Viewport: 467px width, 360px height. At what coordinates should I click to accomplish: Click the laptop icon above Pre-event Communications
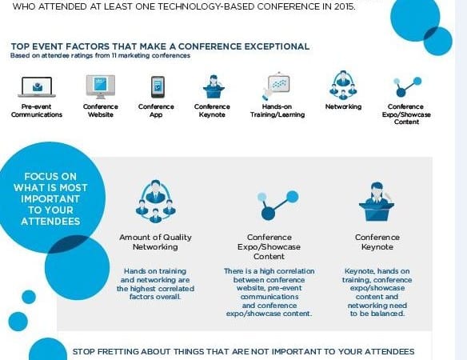coord(37,87)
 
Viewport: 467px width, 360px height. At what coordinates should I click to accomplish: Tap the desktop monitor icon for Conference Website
coord(101,86)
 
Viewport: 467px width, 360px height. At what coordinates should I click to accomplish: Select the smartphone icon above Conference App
coord(158,87)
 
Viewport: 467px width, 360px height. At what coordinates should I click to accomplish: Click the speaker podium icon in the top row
coord(214,86)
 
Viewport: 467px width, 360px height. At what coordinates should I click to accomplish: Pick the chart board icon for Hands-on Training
coord(276,86)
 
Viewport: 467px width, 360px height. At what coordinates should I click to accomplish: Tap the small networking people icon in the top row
coord(343,86)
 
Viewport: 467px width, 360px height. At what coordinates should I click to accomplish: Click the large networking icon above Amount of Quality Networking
coord(155,201)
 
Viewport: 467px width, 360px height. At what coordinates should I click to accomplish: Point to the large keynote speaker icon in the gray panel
coord(377,202)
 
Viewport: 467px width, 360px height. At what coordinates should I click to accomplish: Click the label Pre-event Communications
coord(37,110)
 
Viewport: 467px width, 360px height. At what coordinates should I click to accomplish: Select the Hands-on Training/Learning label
coord(277,110)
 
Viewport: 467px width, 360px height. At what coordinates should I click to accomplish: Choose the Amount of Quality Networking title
coord(155,242)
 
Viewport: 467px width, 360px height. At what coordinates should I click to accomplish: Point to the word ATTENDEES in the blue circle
coord(50,222)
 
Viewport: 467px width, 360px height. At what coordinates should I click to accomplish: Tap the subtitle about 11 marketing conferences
coord(100,55)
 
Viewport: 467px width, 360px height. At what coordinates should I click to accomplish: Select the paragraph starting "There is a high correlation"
coord(269,292)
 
